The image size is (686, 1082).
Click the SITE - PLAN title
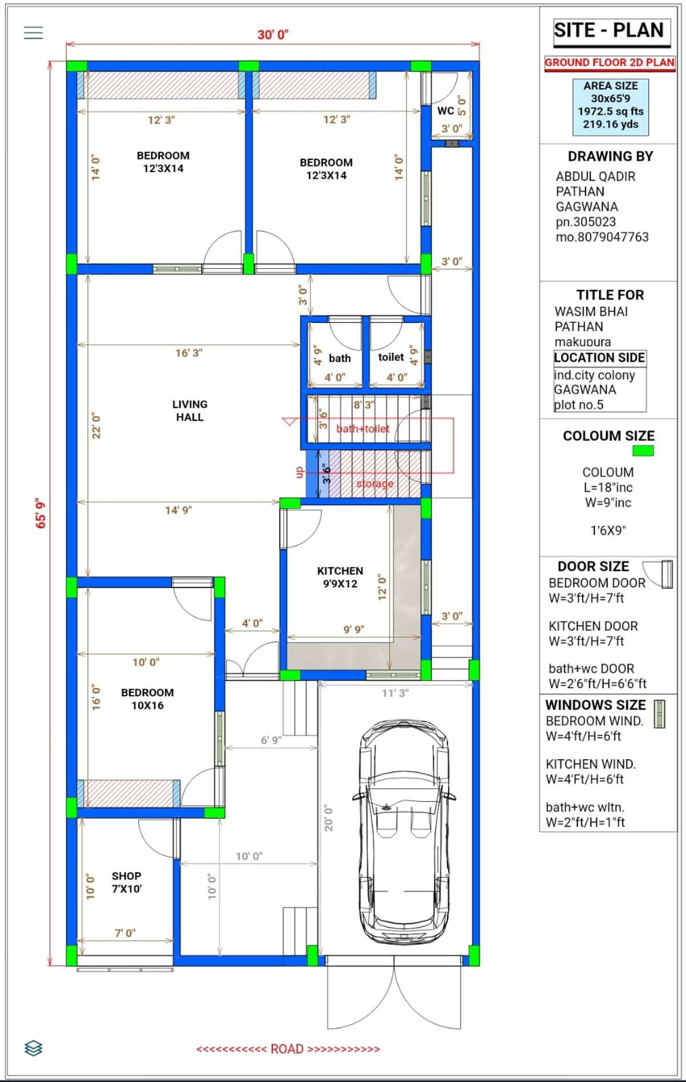(x=608, y=30)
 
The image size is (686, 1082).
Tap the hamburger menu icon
(x=34, y=33)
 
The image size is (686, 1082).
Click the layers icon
(x=34, y=1048)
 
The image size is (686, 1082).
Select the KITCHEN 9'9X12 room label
(x=340, y=577)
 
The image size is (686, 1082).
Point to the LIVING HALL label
(x=190, y=410)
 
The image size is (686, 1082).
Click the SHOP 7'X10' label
(x=126, y=882)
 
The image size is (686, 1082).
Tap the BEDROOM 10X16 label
(x=147, y=698)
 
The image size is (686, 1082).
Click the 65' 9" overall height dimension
(x=41, y=513)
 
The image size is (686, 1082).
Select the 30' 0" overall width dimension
(x=273, y=35)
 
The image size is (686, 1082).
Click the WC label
(x=445, y=111)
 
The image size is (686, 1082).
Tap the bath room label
(x=340, y=358)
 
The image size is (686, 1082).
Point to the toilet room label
(x=391, y=357)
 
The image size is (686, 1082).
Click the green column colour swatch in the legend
(x=643, y=450)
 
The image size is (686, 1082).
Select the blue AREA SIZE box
(x=611, y=107)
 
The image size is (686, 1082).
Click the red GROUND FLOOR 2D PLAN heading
(x=609, y=63)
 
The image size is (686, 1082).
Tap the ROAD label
(x=288, y=1049)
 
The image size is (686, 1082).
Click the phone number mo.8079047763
(x=602, y=237)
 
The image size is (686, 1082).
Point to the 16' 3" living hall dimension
(x=189, y=353)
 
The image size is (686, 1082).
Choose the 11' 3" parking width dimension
(x=396, y=693)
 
